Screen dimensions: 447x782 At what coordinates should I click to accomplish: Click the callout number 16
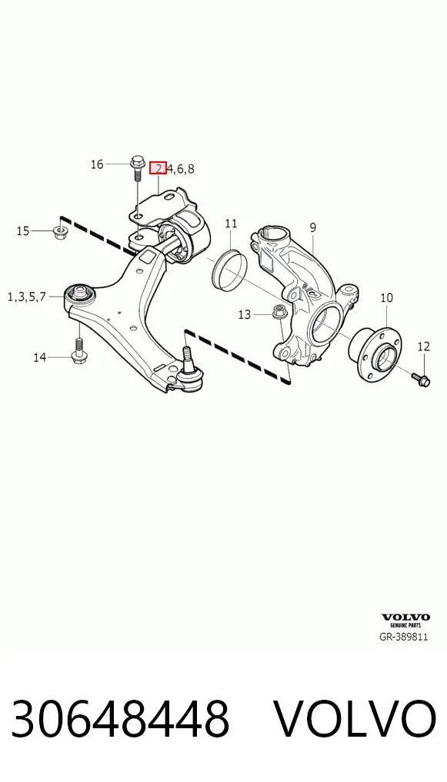tap(97, 164)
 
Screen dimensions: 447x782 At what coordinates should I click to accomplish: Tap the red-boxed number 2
tap(158, 168)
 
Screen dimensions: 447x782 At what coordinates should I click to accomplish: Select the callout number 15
tap(23, 231)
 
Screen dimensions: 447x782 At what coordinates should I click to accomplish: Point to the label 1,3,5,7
tap(26, 297)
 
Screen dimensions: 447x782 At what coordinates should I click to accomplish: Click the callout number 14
tap(40, 357)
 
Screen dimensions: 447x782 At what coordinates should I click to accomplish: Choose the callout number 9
tap(312, 228)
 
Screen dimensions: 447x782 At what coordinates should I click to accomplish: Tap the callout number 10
tap(386, 298)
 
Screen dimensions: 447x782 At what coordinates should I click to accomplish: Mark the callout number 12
tap(423, 346)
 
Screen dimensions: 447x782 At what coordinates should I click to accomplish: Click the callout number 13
tap(244, 315)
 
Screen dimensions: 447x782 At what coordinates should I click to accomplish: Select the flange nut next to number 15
tap(61, 231)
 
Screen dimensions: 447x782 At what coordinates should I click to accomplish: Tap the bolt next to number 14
tap(79, 350)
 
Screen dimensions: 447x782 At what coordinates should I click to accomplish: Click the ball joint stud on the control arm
tap(186, 356)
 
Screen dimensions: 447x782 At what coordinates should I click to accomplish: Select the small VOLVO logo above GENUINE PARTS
tap(405, 618)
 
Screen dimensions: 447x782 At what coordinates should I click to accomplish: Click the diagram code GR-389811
tap(404, 637)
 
